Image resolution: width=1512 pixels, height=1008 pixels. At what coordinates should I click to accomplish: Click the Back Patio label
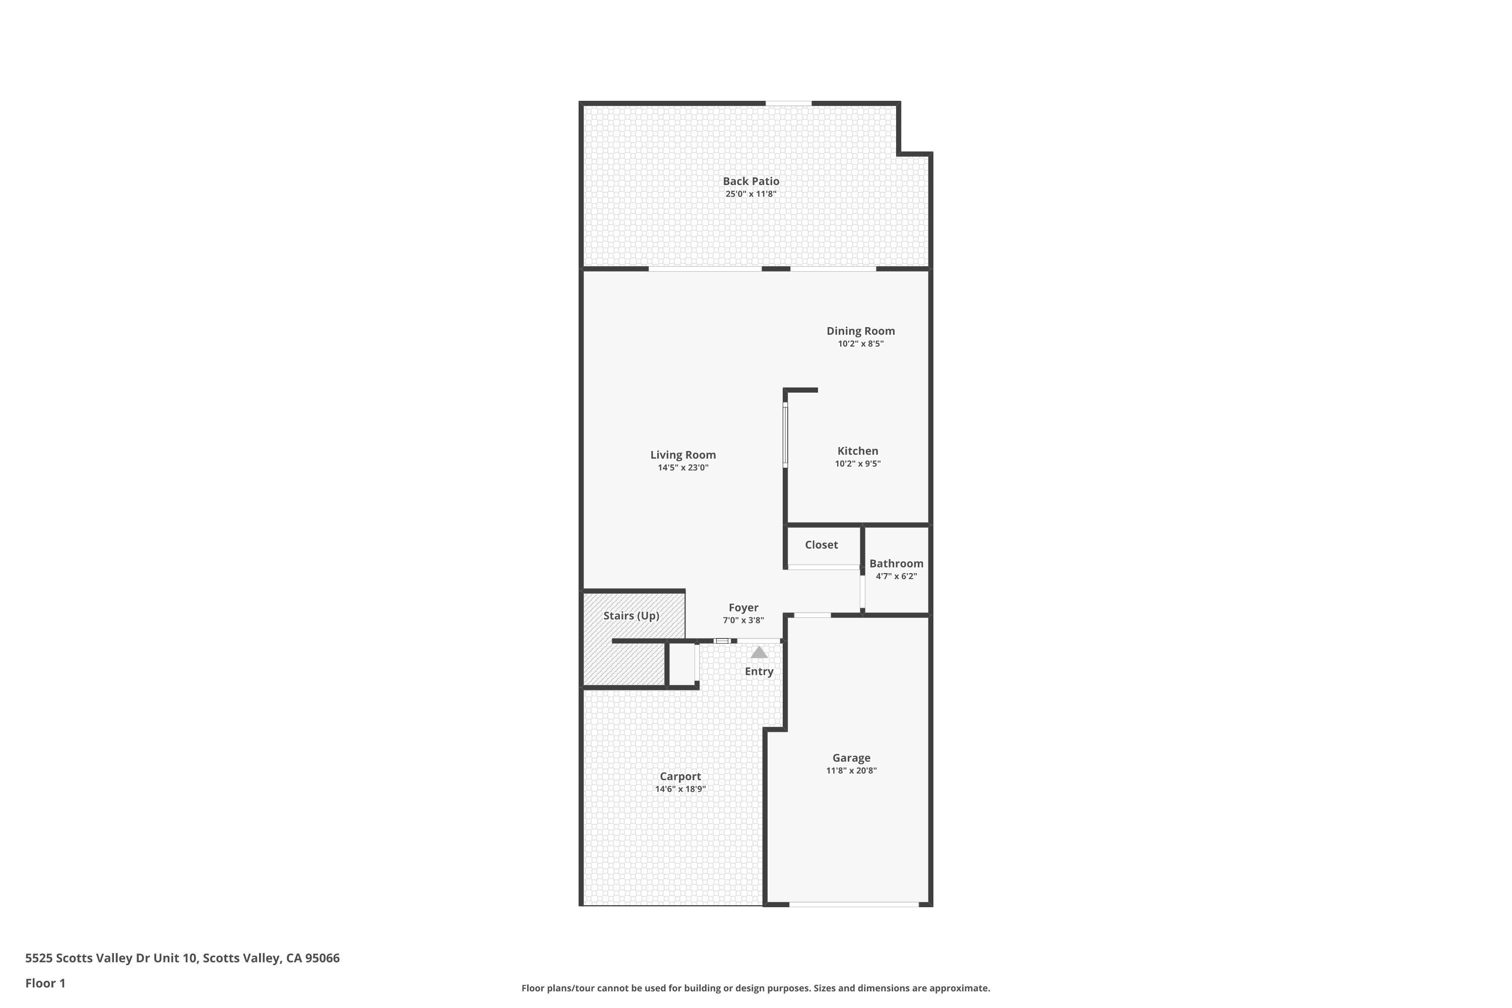tap(751, 181)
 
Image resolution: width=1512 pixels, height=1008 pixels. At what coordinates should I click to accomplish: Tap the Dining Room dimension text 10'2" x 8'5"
tap(860, 344)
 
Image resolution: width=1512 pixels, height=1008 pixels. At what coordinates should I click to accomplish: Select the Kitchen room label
tap(858, 451)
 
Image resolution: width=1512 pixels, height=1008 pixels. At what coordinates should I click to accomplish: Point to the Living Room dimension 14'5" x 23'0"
tap(683, 467)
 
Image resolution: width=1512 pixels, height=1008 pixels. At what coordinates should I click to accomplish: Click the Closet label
tap(821, 544)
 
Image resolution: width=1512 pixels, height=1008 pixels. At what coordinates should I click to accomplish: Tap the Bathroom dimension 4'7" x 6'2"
tap(896, 576)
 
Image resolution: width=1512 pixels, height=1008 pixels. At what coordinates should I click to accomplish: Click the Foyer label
tap(743, 607)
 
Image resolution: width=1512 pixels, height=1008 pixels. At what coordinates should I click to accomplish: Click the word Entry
tap(759, 671)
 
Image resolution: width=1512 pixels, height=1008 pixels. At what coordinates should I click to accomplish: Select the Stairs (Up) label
tap(632, 616)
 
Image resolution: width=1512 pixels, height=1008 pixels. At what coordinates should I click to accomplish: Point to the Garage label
tap(851, 758)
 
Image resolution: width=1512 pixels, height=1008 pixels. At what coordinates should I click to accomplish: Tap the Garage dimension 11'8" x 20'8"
tap(851, 771)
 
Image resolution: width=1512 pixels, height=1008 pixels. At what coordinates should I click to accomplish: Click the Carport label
tap(680, 777)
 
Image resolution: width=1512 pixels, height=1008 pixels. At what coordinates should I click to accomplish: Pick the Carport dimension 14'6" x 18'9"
tap(680, 789)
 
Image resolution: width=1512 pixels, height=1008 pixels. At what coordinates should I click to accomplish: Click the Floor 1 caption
tap(45, 983)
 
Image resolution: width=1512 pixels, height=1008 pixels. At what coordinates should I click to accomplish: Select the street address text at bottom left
tap(182, 958)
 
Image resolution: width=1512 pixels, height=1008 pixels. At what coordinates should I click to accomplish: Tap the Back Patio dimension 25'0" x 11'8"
tap(751, 194)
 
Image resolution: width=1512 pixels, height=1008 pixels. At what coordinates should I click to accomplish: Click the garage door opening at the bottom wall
tap(854, 905)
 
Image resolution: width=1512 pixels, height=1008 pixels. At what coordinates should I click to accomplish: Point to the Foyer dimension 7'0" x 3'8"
tap(743, 620)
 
